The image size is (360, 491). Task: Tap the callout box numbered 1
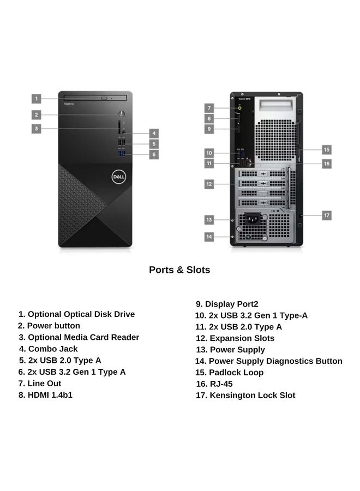(x=36, y=99)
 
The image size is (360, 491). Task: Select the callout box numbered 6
(x=154, y=154)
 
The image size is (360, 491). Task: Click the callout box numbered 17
(x=326, y=215)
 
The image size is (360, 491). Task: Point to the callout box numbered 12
(x=209, y=184)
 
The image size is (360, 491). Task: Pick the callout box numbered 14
(x=209, y=237)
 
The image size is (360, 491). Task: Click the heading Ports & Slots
(x=179, y=270)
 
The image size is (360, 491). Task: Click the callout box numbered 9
(x=209, y=129)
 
